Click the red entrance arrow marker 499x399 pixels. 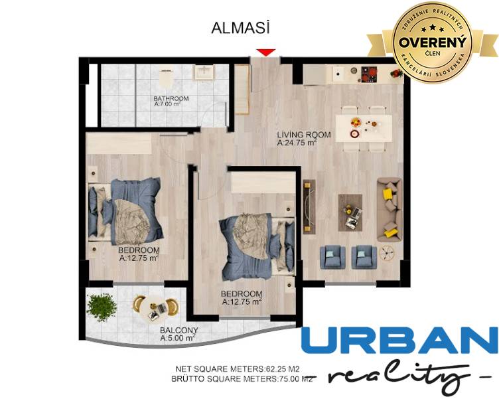[266, 52]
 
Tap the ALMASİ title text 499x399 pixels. [241, 28]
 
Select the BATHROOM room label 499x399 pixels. [171, 99]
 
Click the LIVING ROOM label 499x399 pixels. [297, 134]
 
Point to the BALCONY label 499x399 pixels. [178, 330]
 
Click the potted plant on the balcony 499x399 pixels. [102, 307]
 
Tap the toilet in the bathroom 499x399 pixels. [166, 78]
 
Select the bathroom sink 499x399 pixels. [203, 72]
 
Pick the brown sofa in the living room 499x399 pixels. [390, 209]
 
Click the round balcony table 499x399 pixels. [156, 307]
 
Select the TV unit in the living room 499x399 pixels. [307, 206]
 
